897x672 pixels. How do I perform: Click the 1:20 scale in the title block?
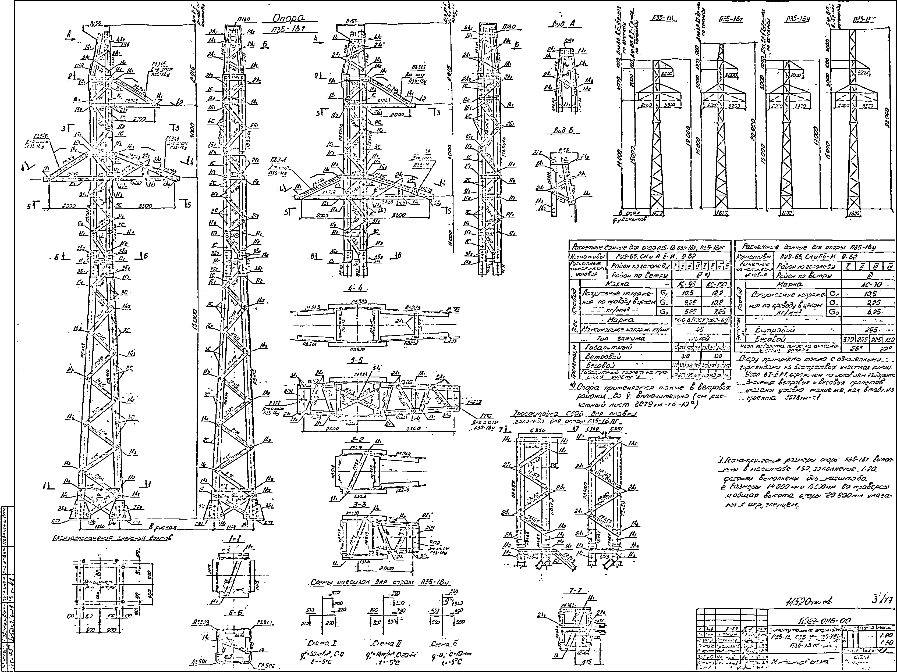pos(886,635)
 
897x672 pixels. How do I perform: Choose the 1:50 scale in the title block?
pos(886,642)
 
